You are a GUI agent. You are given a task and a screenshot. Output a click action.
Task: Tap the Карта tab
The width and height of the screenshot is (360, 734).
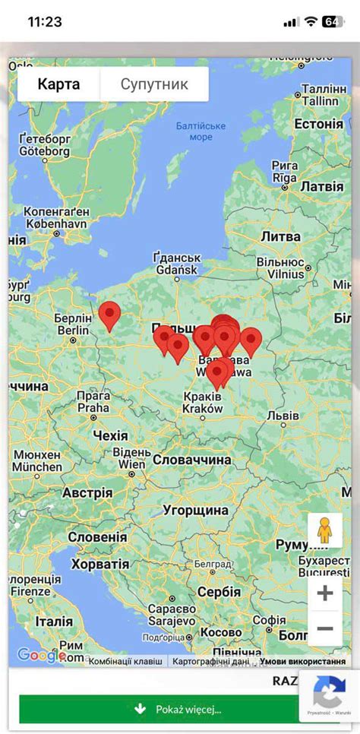[x=58, y=84]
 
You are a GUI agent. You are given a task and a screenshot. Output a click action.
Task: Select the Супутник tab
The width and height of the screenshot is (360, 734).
[x=154, y=84]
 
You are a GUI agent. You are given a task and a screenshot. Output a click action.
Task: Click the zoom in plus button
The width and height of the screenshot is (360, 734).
[x=325, y=593]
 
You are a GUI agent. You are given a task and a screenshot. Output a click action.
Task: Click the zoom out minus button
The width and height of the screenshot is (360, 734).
[x=325, y=629]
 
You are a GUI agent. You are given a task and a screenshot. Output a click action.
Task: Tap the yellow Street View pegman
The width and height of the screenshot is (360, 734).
[x=324, y=530]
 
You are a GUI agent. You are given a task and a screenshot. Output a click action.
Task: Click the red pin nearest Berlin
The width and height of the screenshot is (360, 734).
[x=110, y=315]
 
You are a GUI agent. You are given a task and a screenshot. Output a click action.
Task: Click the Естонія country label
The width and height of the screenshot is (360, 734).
[x=318, y=124]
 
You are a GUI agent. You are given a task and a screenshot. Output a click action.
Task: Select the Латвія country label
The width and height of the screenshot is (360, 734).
[x=322, y=186]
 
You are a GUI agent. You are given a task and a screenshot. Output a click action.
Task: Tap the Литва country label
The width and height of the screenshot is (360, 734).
[x=281, y=236]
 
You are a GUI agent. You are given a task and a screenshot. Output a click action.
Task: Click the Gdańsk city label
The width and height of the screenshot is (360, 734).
[x=176, y=270]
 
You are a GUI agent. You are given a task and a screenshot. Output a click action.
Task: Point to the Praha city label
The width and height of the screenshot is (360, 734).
[x=93, y=407]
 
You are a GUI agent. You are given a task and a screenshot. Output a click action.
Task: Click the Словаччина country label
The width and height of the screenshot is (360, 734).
[x=191, y=460]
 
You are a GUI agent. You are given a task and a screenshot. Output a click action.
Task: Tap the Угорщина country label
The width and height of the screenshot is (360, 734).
[x=195, y=510]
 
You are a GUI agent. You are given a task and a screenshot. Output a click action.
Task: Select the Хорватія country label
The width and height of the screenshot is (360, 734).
[x=100, y=564]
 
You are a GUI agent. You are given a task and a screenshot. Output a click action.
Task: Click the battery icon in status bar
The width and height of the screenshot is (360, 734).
[x=333, y=21]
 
